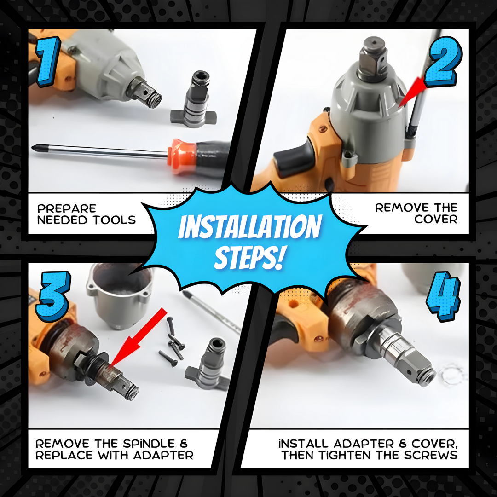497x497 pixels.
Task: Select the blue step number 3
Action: click(52, 296)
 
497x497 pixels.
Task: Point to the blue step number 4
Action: click(443, 296)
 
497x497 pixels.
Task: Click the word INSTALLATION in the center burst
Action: click(250, 226)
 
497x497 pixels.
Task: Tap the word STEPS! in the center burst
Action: click(249, 257)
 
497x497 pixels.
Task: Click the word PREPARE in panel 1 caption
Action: click(67, 208)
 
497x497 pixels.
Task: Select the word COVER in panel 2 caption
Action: click(436, 219)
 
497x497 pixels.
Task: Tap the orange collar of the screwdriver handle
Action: click(181, 156)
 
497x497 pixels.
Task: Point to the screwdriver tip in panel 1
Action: click(34, 148)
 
